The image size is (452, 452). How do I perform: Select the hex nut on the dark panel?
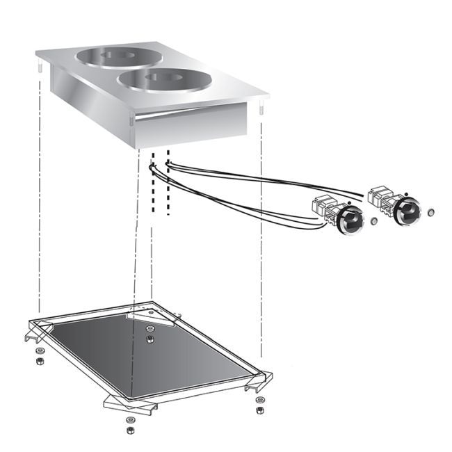pyautogui.click(x=150, y=339)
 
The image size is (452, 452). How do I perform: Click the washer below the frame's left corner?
pyautogui.click(x=40, y=350)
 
